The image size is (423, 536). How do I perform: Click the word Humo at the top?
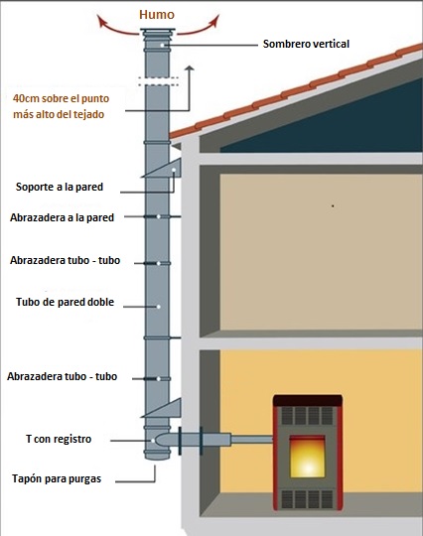pyautogui.click(x=157, y=14)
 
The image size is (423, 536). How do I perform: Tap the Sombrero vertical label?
pyautogui.click(x=306, y=44)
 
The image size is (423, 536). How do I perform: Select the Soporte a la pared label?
pyautogui.click(x=60, y=187)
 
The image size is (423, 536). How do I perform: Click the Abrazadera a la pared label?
pyautogui.click(x=62, y=217)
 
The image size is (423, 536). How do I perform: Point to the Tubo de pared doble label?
pyautogui.click(x=65, y=302)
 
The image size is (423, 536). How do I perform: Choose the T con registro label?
pyautogui.click(x=59, y=439)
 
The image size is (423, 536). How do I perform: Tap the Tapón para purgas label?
pyautogui.click(x=57, y=478)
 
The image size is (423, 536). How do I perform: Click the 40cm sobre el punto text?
pyautogui.click(x=61, y=98)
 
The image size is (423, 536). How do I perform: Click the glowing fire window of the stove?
pyautogui.click(x=307, y=457)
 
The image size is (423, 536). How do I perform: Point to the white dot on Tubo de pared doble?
pyautogui.click(x=159, y=307)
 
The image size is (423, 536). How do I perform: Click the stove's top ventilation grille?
pyautogui.click(x=307, y=415)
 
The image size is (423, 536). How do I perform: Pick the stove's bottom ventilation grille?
pyautogui.click(x=307, y=499)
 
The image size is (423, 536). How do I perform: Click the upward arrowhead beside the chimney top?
pyautogui.click(x=189, y=68)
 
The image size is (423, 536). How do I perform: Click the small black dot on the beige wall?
pyautogui.click(x=333, y=206)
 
